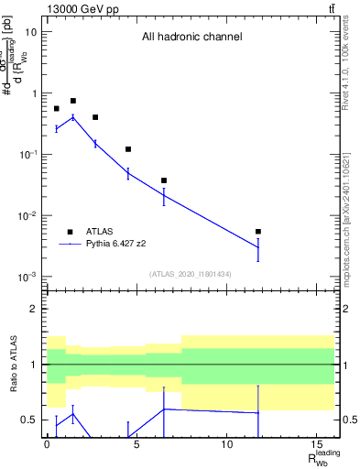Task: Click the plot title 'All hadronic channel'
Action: (x=191, y=38)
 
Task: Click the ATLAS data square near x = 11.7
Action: (x=258, y=232)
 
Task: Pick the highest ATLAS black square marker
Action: (x=73, y=101)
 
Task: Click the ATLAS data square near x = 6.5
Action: (x=164, y=180)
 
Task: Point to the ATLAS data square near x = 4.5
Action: (x=128, y=149)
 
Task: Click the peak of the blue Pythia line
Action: (x=73, y=117)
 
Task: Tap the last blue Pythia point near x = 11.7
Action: (x=258, y=247)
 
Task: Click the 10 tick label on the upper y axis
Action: (x=30, y=32)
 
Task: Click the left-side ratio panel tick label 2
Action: (x=33, y=309)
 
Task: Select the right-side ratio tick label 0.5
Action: (x=347, y=420)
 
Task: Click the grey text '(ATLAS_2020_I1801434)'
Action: (x=191, y=274)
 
